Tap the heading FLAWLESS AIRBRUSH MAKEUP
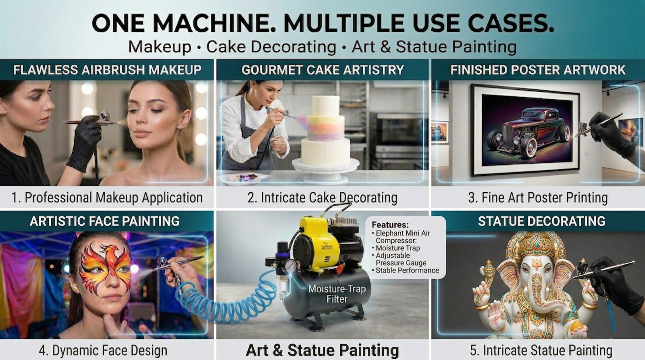[107, 70]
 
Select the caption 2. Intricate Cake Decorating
[322, 198]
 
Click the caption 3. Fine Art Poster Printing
[538, 198]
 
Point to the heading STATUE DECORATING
[541, 221]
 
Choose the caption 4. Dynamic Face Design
[103, 350]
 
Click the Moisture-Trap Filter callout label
[337, 294]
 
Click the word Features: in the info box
[390, 225]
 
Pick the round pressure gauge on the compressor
[291, 266]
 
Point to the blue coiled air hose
[227, 300]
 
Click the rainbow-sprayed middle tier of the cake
[326, 128]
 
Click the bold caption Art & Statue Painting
[322, 350]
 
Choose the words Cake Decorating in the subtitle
[271, 47]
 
